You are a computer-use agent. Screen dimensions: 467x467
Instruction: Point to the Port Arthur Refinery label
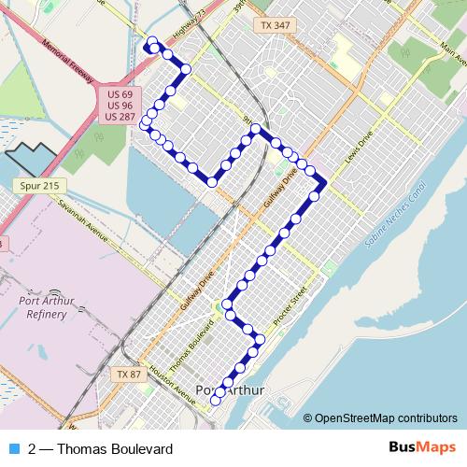(42, 307)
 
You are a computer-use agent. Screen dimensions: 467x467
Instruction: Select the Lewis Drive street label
(359, 148)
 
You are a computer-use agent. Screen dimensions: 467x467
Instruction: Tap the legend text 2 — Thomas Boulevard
(101, 447)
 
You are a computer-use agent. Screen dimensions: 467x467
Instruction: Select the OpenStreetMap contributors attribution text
(386, 417)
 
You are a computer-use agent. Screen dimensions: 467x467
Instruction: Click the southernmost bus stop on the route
(216, 402)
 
